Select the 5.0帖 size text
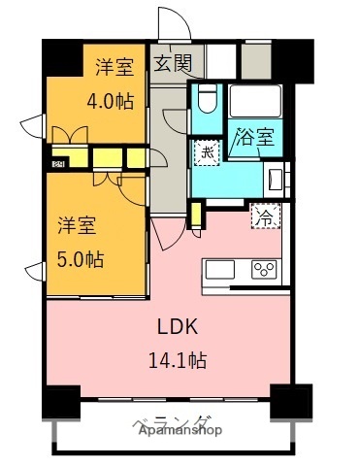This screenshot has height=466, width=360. [x=80, y=259]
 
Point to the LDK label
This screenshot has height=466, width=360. [x=179, y=327]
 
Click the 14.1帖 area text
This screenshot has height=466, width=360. [x=179, y=358]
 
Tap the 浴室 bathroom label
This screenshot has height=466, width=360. [x=255, y=137]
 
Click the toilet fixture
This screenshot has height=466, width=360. [x=206, y=100]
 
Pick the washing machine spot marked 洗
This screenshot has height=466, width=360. [x=207, y=153]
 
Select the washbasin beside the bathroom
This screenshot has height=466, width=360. [x=274, y=179]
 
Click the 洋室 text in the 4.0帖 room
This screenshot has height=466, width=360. [x=114, y=68]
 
